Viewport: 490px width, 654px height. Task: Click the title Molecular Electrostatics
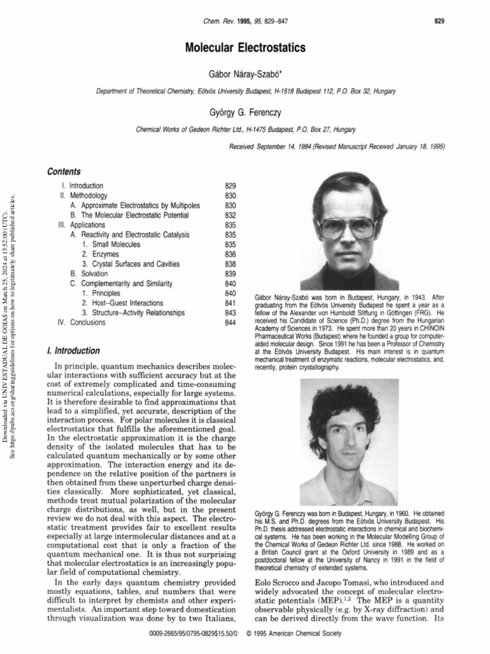click(x=246, y=48)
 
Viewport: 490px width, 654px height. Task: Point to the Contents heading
click(x=64, y=172)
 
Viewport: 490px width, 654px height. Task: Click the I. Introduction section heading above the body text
click(x=73, y=351)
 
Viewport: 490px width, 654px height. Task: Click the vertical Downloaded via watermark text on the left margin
click(x=6, y=319)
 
